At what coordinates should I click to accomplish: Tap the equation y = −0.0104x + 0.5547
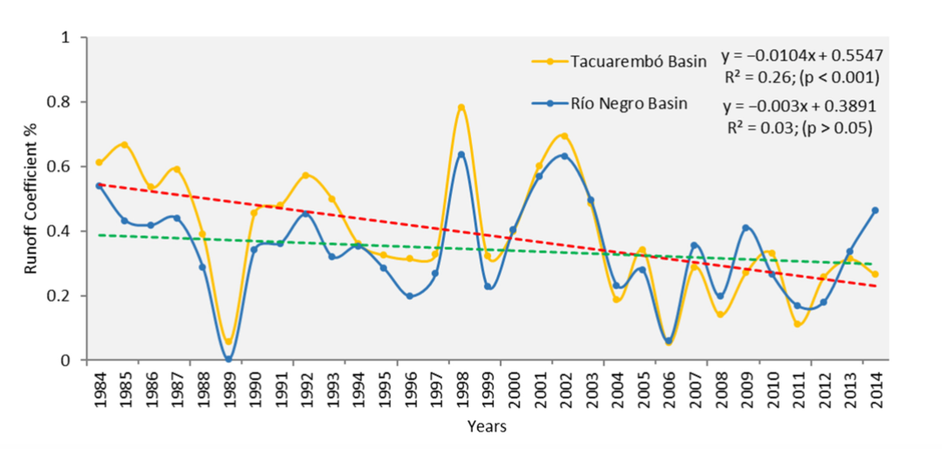click(x=802, y=57)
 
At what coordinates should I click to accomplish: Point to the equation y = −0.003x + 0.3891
click(x=800, y=107)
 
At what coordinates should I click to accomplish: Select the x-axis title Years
click(x=487, y=427)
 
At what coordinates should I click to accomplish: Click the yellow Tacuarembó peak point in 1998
click(x=461, y=107)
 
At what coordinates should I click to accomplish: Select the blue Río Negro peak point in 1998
click(x=461, y=155)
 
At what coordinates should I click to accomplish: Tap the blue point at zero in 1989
click(x=229, y=359)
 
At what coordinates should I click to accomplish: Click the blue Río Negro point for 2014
click(x=875, y=211)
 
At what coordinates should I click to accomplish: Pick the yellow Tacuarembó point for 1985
click(x=125, y=144)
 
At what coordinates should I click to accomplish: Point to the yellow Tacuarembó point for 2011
click(x=798, y=324)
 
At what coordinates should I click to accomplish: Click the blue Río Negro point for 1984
click(x=100, y=185)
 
